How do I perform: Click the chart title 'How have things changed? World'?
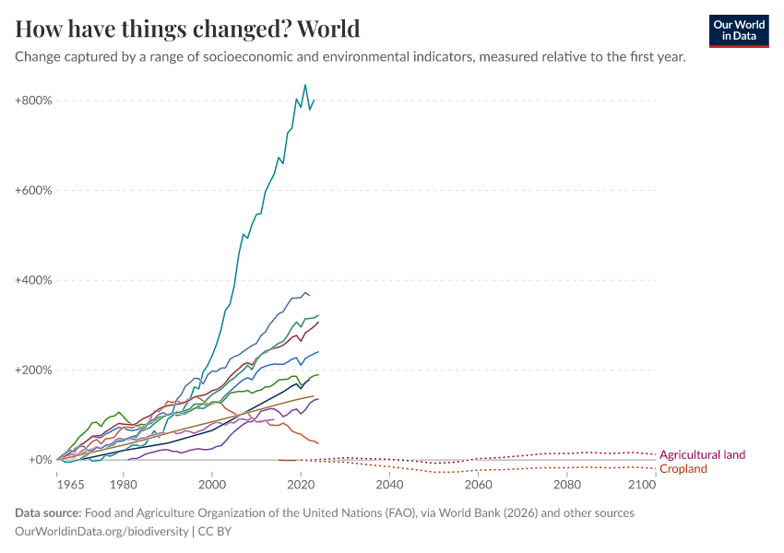pyautogui.click(x=187, y=29)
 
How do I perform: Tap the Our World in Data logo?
pyautogui.click(x=739, y=30)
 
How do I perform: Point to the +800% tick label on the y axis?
pyautogui.click(x=33, y=100)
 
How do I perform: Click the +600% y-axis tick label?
pyautogui.click(x=33, y=190)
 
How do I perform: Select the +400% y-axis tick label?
pyautogui.click(x=33, y=280)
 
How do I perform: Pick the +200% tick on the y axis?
pyautogui.click(x=33, y=371)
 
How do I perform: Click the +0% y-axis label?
pyautogui.click(x=40, y=460)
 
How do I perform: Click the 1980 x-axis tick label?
pyautogui.click(x=124, y=484)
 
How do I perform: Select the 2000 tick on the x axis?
pyautogui.click(x=212, y=484)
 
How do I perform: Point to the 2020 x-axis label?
pyautogui.click(x=301, y=484)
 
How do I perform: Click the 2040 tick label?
pyautogui.click(x=389, y=484)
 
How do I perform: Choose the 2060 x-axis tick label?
pyautogui.click(x=478, y=484)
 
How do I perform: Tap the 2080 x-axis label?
pyautogui.click(x=566, y=484)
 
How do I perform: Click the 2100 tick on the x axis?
pyautogui.click(x=642, y=484)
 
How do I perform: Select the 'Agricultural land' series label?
pyautogui.click(x=702, y=454)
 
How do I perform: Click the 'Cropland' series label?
pyautogui.click(x=683, y=469)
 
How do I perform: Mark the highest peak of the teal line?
pyautogui.click(x=305, y=85)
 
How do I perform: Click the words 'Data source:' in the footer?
pyautogui.click(x=47, y=512)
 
